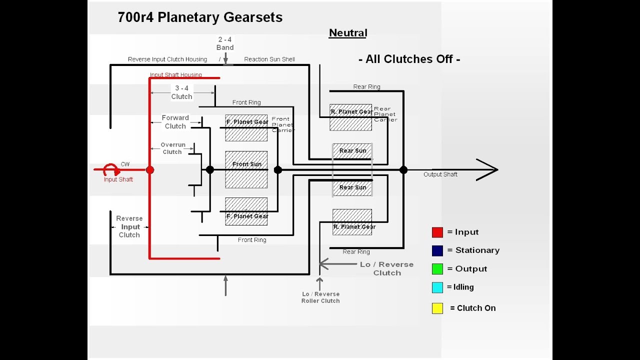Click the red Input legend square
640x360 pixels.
pos(437,232)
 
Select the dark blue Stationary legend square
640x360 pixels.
pos(437,250)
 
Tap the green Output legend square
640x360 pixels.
pos(437,269)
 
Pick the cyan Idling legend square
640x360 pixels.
pos(437,287)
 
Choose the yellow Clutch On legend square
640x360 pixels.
pos(437,308)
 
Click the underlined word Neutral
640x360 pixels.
pos(348,33)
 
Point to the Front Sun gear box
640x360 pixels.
pos(246,169)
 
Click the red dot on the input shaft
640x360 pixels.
pos(150,170)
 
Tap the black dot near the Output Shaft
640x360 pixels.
pos(403,170)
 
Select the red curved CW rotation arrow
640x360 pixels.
pos(111,169)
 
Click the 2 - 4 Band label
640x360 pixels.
pos(225,43)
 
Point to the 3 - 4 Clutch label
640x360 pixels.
pos(181,92)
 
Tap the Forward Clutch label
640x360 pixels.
pos(175,122)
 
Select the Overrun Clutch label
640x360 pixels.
pos(172,148)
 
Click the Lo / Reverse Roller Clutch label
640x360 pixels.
pos(320,297)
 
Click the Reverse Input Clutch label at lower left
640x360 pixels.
pos(129,226)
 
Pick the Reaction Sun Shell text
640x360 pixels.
pos(269,59)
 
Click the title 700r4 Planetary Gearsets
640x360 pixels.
pos(200,17)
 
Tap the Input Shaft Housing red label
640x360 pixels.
pos(176,75)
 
